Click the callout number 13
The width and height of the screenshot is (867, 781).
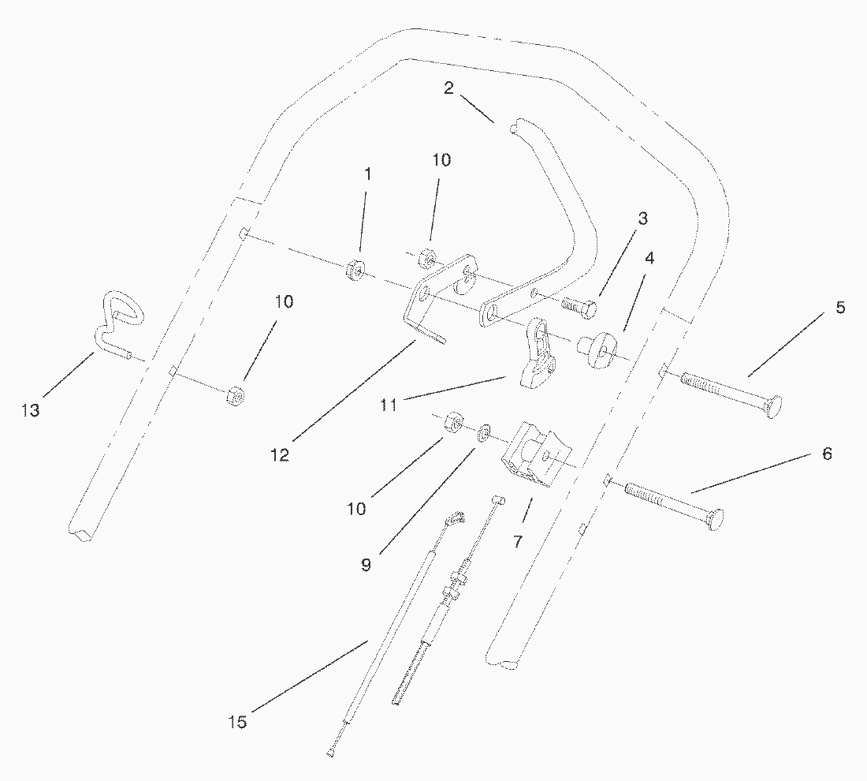pyautogui.click(x=31, y=410)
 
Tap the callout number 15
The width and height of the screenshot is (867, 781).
pyautogui.click(x=237, y=722)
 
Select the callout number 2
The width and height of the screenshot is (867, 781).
pyautogui.click(x=448, y=88)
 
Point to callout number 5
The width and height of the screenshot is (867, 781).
pyautogui.click(x=840, y=308)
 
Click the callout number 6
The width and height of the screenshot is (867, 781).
pyautogui.click(x=827, y=454)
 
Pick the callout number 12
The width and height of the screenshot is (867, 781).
pyautogui.click(x=281, y=455)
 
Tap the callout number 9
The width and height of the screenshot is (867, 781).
pyautogui.click(x=366, y=566)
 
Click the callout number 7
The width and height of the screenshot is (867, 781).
pyautogui.click(x=518, y=542)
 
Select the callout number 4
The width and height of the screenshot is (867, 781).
pyautogui.click(x=649, y=258)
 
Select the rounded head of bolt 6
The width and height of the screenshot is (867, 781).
pyautogui.click(x=714, y=520)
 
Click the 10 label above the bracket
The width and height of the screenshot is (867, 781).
pyautogui.click(x=441, y=160)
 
